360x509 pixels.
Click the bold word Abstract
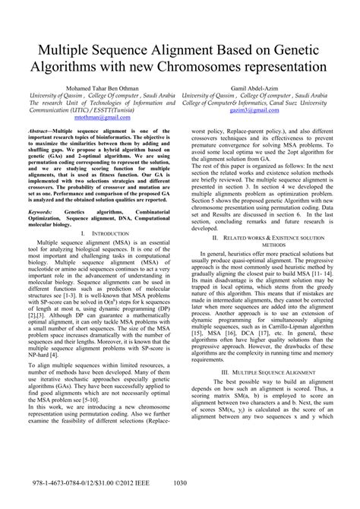pyautogui.click(x=44, y=131)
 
